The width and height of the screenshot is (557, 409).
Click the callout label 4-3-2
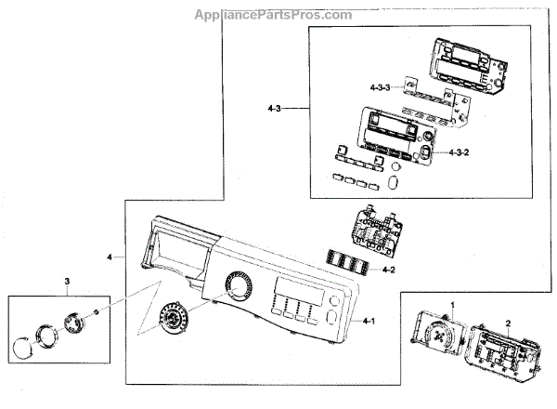464,152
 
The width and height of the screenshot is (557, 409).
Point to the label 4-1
369,322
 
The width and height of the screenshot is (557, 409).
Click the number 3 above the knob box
67,281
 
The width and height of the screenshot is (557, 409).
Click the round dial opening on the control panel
239,286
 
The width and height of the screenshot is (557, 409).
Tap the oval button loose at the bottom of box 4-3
394,179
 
